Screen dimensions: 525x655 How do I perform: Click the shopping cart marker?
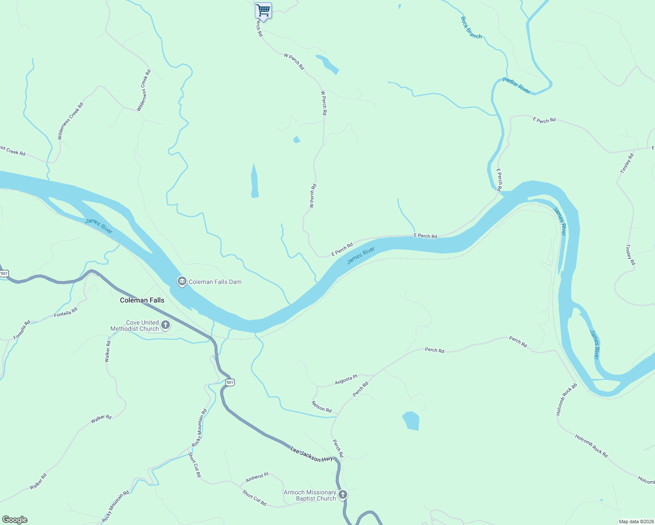pyautogui.click(x=263, y=10)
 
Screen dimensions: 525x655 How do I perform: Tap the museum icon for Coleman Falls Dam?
pyautogui.click(x=182, y=282)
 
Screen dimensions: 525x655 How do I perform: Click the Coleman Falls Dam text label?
pyautogui.click(x=215, y=282)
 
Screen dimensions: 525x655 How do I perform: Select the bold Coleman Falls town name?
pyautogui.click(x=142, y=300)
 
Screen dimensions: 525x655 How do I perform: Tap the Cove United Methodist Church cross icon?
pyautogui.click(x=166, y=325)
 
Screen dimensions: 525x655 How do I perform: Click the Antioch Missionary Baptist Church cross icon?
pyautogui.click(x=343, y=495)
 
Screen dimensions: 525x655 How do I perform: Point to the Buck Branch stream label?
pyautogui.click(x=471, y=28)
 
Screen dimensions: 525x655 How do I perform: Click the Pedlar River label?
pyautogui.click(x=517, y=85)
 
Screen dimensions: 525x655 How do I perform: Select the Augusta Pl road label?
pyautogui.click(x=346, y=379)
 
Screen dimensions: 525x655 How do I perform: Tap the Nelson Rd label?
pyautogui.click(x=321, y=406)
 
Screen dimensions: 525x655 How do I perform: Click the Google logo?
pyautogui.click(x=15, y=520)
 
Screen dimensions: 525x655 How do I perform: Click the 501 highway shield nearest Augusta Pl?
pyautogui.click(x=230, y=382)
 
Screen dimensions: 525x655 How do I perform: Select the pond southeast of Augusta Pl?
pyautogui.click(x=411, y=420)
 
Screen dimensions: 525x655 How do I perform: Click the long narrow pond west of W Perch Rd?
pyautogui.click(x=254, y=181)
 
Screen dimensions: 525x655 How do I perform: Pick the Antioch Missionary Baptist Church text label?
pyautogui.click(x=310, y=495)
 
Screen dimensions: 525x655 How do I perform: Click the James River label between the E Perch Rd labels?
pyautogui.click(x=361, y=255)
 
